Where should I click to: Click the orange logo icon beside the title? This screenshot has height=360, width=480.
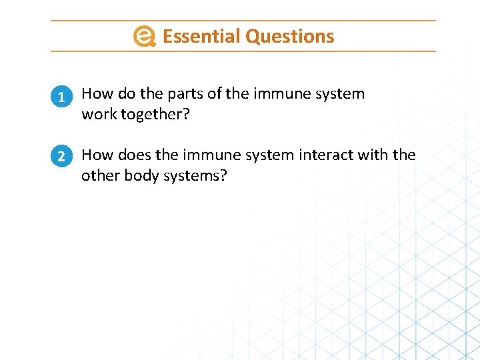click(x=144, y=36)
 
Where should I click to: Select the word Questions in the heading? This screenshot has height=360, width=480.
click(x=289, y=36)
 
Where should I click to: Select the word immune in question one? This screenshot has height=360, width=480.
click(x=281, y=94)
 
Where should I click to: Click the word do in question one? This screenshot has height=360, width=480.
click(x=127, y=94)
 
